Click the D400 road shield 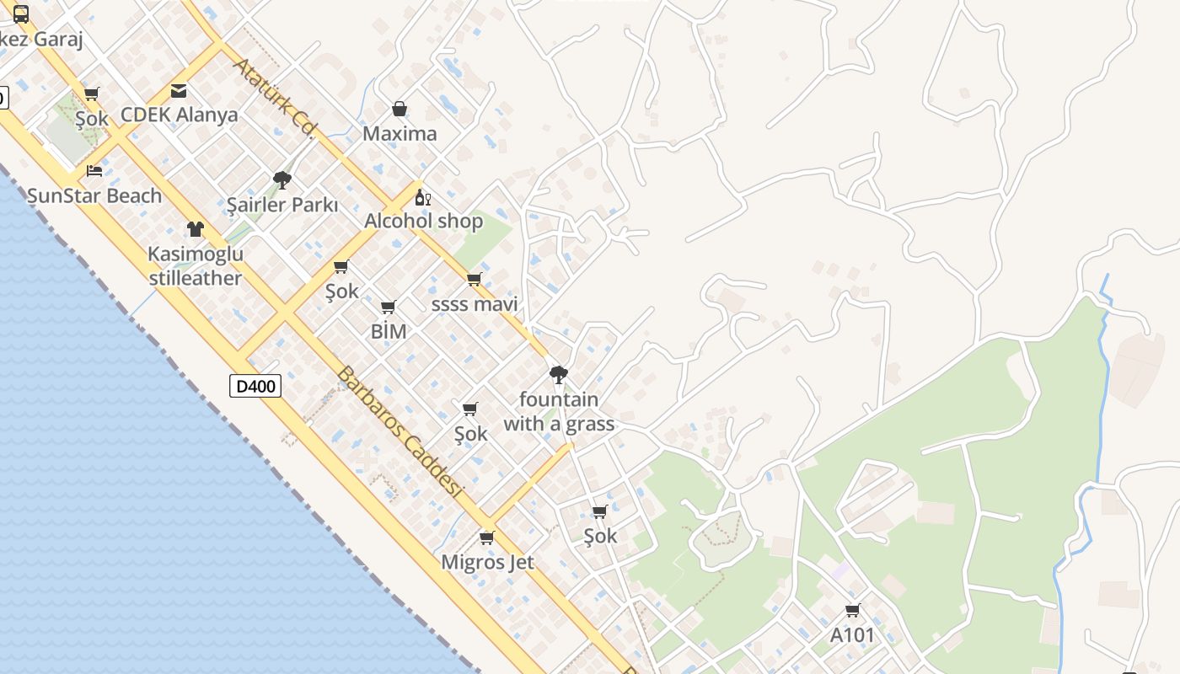[x=255, y=387]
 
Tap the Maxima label [x=400, y=134]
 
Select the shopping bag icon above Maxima [x=400, y=109]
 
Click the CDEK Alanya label [x=180, y=115]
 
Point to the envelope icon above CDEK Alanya [x=179, y=90]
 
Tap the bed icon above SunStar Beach [x=94, y=170]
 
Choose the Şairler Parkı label [x=282, y=205]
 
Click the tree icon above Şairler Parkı [x=282, y=179]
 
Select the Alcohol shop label [x=423, y=222]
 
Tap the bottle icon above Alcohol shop [x=423, y=198]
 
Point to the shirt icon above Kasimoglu [x=196, y=229]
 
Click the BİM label [x=389, y=332]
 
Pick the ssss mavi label [x=475, y=304]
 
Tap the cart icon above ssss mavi [x=474, y=280]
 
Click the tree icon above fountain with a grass [x=558, y=374]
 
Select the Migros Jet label [x=487, y=562]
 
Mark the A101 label [x=852, y=635]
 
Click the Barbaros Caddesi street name [x=400, y=431]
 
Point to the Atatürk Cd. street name [x=275, y=97]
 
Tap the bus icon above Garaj [x=21, y=14]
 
